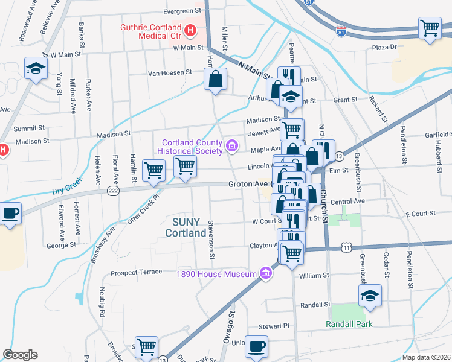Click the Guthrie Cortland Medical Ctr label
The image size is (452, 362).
point(150,32)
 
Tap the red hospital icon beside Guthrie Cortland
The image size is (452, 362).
point(190,29)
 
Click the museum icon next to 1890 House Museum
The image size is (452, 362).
point(265,274)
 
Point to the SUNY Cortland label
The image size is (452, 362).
point(185,228)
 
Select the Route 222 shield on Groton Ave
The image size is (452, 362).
point(112,191)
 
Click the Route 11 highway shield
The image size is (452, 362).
point(345,247)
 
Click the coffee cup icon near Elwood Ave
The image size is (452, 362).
point(10,214)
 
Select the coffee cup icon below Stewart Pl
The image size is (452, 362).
point(257,346)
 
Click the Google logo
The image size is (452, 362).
point(20,355)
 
